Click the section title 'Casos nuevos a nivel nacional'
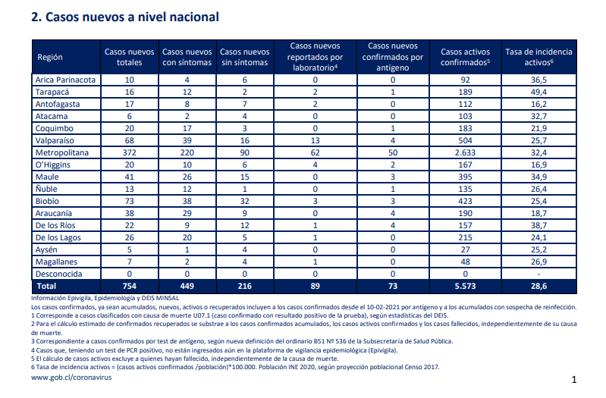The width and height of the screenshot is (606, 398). [x=132, y=17]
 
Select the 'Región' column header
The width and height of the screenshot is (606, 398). [x=50, y=57]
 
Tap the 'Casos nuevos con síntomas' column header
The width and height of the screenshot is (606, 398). [x=187, y=57]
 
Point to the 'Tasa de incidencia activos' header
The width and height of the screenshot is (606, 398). [x=538, y=57]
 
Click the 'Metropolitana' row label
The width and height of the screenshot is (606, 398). [x=62, y=152]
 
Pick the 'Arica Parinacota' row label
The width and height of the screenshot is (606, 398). [x=65, y=80]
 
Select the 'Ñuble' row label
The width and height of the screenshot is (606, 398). [x=46, y=189]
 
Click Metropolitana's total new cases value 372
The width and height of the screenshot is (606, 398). [x=130, y=152]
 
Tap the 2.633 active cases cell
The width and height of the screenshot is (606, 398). [x=466, y=152]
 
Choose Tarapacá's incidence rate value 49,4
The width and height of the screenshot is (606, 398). [x=538, y=92]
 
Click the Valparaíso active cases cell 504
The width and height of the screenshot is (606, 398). [x=466, y=141]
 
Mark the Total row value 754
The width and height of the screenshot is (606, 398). [x=130, y=287]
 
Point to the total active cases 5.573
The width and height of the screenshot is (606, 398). [x=466, y=287]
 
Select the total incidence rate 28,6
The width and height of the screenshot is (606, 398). [x=538, y=287]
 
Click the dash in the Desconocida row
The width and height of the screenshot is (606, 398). [x=538, y=274]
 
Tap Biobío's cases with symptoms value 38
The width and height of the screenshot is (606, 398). [x=187, y=202]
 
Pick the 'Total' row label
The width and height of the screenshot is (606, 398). [x=46, y=287]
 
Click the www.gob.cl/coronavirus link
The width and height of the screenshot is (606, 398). [x=71, y=378]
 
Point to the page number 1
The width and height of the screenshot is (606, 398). [x=574, y=380]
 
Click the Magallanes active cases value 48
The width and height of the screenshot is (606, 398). [x=466, y=262]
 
